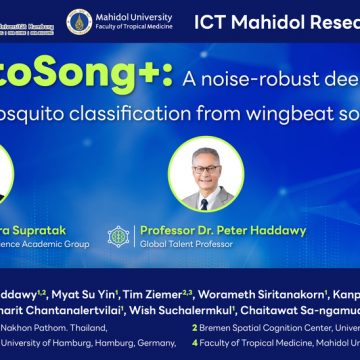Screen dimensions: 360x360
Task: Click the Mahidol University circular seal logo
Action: point(77,22)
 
